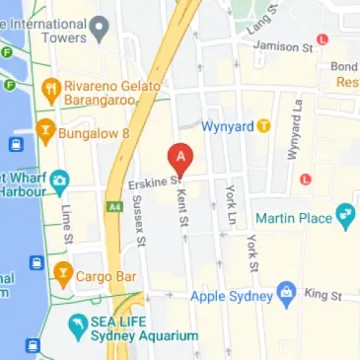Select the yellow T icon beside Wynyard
pyautogui.click(x=263, y=126)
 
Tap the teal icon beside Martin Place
pyautogui.click(x=345, y=215)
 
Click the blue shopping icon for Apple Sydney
pyautogui.click(x=286, y=293)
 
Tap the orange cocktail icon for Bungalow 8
pyautogui.click(x=43, y=129)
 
